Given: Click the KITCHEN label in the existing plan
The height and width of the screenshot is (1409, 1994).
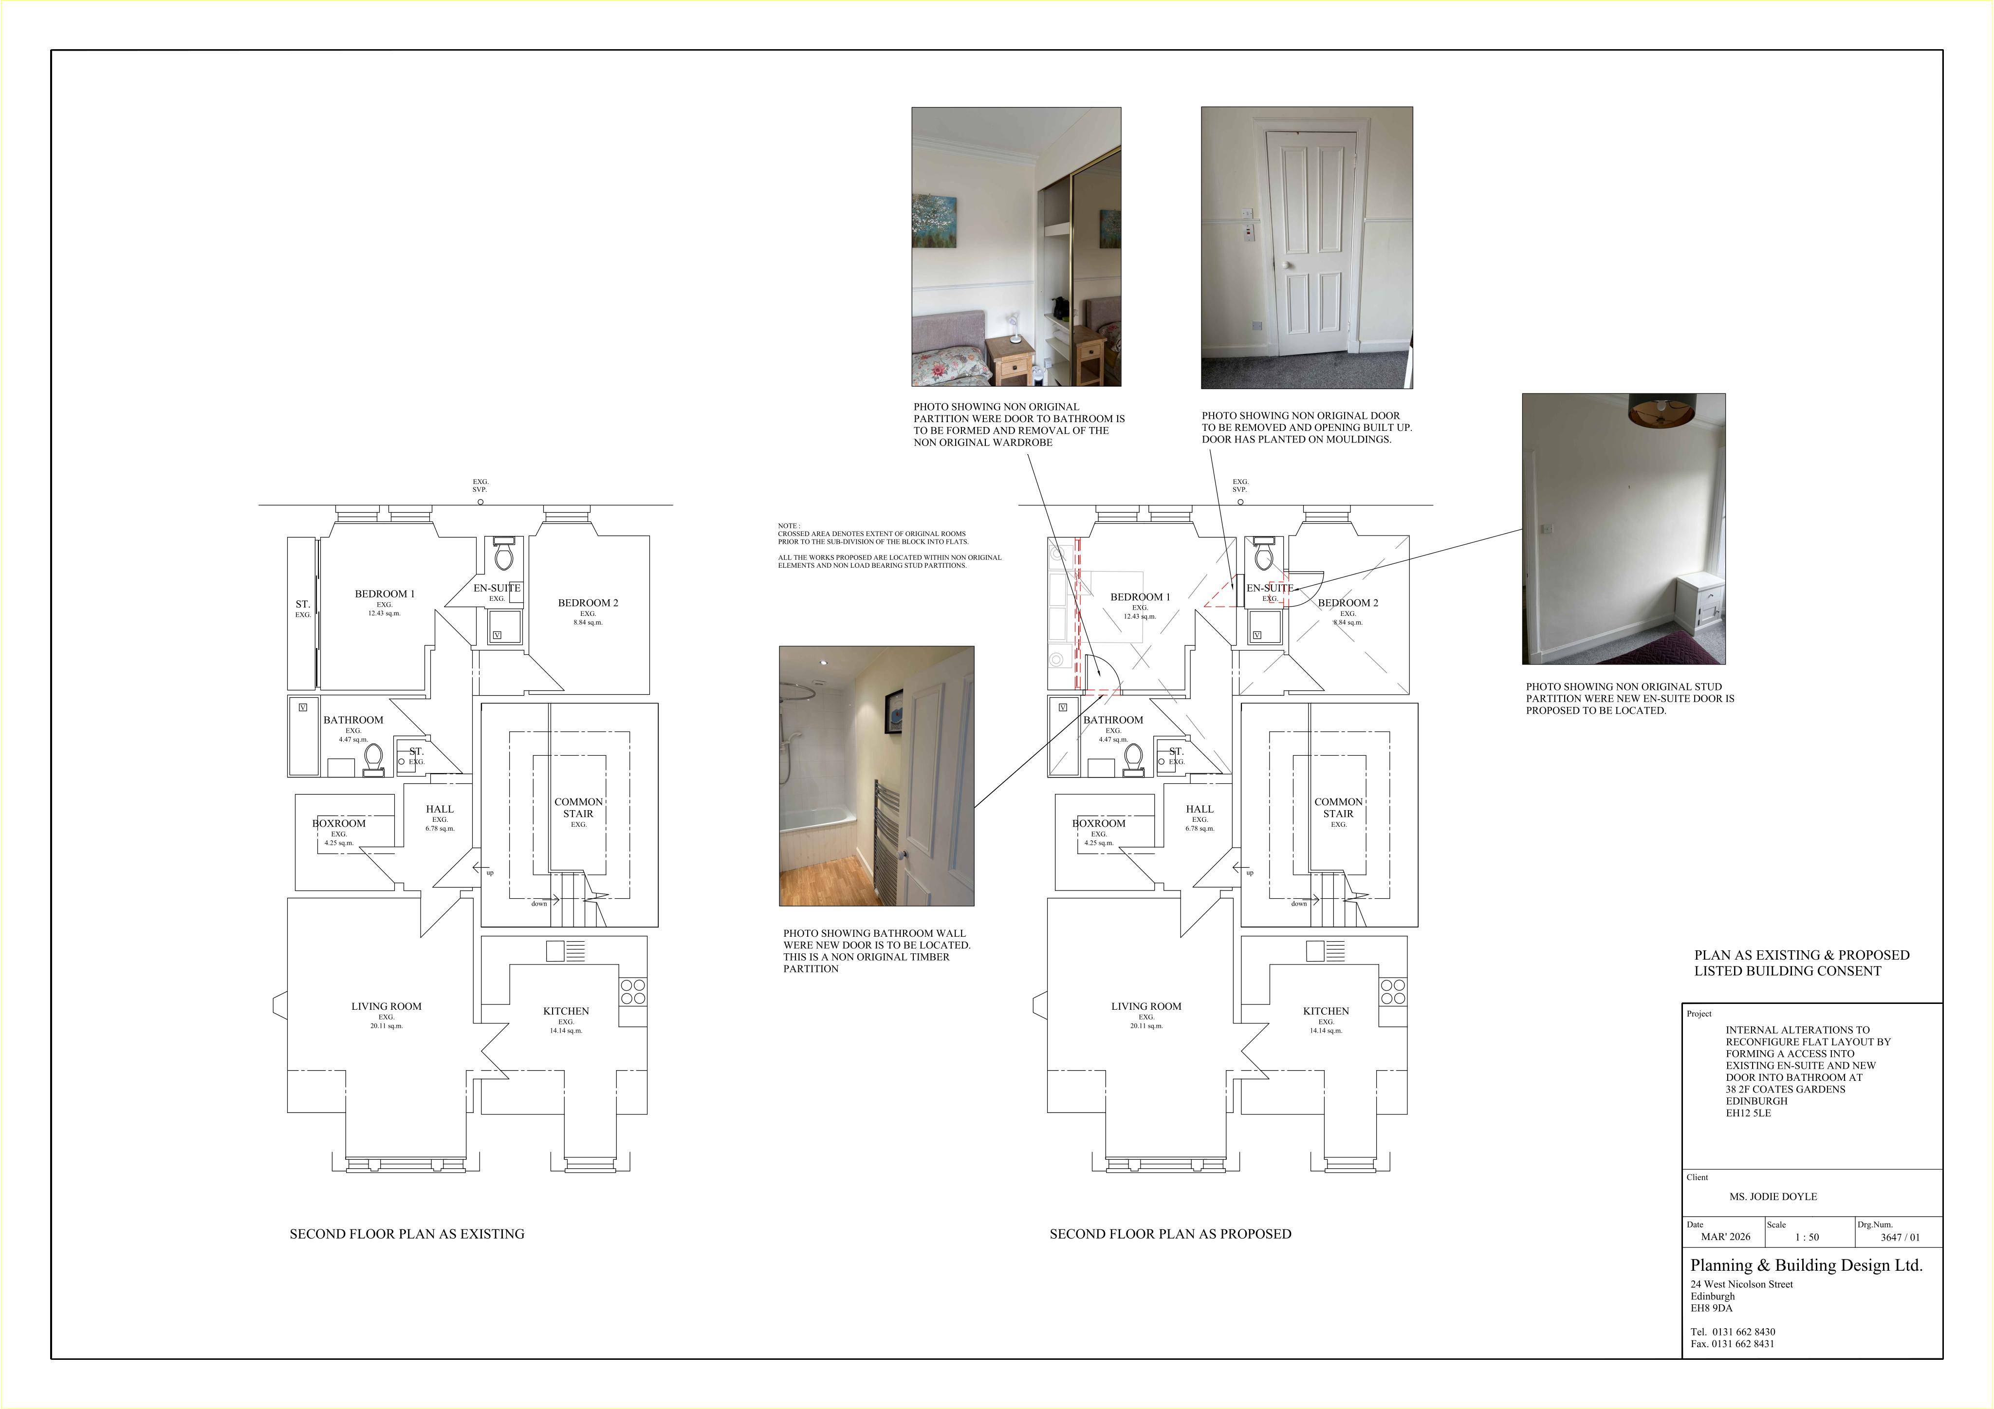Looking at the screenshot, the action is pos(565,1011).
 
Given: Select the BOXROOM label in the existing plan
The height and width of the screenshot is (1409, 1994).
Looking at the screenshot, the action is pos(339,823).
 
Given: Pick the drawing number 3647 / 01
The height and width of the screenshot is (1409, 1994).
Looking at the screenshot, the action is pos(1900,1237).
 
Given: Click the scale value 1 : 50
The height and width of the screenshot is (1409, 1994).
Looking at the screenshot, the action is pos(1807,1237).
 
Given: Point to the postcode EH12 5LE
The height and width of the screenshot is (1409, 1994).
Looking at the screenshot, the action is pos(1748,1113).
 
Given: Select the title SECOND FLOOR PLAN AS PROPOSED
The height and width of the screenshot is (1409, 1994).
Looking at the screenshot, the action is pos(1170,1234).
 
